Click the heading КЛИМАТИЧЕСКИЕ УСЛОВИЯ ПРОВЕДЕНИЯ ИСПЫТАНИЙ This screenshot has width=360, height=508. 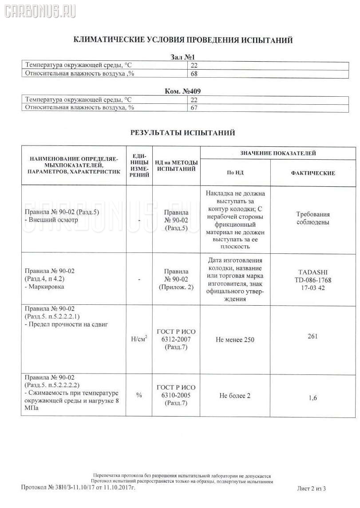182,40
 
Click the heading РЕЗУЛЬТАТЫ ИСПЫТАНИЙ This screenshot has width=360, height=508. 182,132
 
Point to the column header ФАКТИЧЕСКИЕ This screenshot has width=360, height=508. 313,173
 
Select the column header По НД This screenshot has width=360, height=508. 235,173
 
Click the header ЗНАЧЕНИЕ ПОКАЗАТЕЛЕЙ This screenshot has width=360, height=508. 278,153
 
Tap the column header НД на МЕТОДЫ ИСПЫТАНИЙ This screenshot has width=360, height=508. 176,166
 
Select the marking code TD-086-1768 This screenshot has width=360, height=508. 313,280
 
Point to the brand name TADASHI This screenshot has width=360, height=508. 313,272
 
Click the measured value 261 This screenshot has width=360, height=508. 313,336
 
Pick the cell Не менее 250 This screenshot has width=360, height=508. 235,339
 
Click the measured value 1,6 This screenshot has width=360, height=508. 313,398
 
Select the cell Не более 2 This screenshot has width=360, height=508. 235,395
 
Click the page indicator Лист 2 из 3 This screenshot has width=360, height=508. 312,501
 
